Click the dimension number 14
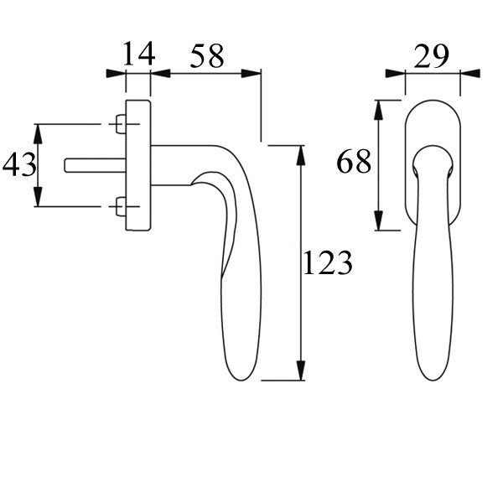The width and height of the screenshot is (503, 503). tap(139, 55)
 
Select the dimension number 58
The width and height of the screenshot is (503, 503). tap(207, 56)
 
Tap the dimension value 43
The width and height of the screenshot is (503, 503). tap(19, 165)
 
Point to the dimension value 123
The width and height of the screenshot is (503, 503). tap(327, 264)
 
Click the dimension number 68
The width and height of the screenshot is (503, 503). tap(354, 161)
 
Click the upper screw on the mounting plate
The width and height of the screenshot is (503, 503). tap(120, 125)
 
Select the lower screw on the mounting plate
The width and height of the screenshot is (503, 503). tap(120, 206)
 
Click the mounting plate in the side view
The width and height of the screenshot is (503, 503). tap(138, 165)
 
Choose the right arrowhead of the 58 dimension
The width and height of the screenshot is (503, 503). tap(253, 74)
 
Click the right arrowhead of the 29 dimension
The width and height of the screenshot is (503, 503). tap(470, 74)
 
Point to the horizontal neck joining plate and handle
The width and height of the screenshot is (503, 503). tap(176, 164)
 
